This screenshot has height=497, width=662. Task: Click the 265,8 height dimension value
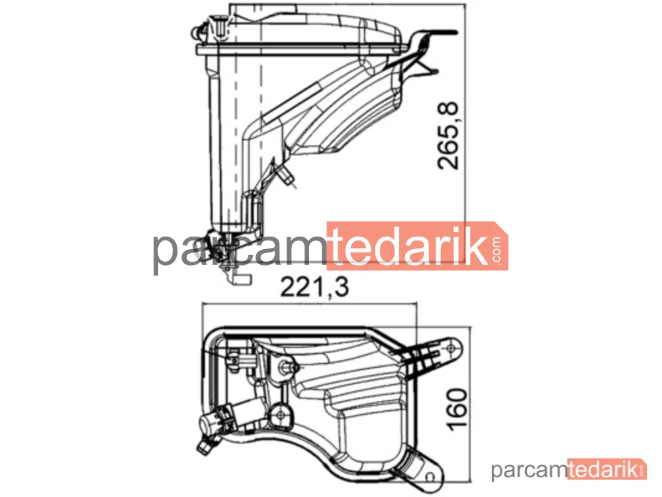(448, 136)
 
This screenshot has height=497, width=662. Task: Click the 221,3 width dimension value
(314, 286)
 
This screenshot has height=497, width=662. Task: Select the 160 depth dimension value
(457, 410)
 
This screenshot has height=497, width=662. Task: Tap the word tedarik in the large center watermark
(408, 246)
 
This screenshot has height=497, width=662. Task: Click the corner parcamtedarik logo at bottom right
(568, 470)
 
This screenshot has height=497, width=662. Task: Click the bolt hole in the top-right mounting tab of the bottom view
(451, 349)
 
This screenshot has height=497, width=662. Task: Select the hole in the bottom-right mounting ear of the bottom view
(430, 478)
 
